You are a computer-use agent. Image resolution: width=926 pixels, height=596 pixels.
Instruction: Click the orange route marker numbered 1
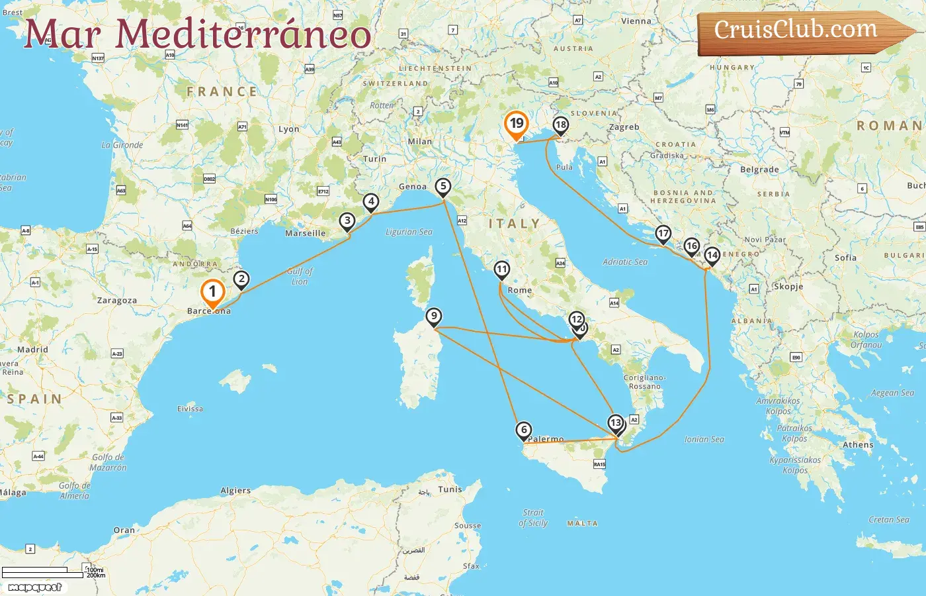212,292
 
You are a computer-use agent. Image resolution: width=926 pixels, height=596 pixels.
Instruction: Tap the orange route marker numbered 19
516,124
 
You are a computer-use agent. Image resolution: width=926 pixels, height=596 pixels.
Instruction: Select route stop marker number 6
524,430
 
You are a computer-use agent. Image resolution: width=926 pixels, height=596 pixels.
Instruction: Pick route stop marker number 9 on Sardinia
434,317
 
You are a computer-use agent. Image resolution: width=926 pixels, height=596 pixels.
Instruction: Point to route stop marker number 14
712,256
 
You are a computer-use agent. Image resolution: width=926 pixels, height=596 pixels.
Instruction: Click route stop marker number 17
663,234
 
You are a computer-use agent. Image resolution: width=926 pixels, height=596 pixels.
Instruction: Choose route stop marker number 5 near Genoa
443,187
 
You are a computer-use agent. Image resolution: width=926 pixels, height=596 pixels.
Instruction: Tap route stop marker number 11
502,270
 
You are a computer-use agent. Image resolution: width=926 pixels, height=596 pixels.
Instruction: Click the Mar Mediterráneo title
197,34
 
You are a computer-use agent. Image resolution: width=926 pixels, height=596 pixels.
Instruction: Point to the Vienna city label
636,21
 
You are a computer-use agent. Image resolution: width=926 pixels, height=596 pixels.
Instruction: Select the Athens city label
858,445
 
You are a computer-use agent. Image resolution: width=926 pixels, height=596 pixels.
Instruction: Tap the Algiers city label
235,491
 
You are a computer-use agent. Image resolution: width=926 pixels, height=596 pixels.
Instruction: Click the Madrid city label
32,350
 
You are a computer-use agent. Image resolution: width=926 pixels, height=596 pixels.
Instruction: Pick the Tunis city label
450,489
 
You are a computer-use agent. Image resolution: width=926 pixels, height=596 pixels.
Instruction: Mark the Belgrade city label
759,170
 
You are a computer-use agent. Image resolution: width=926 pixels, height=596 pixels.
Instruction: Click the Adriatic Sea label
625,262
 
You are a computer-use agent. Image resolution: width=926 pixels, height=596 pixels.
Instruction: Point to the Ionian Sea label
704,439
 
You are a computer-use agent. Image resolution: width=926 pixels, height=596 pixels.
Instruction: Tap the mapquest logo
35,587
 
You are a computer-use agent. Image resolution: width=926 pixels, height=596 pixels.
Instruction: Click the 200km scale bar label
96,575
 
